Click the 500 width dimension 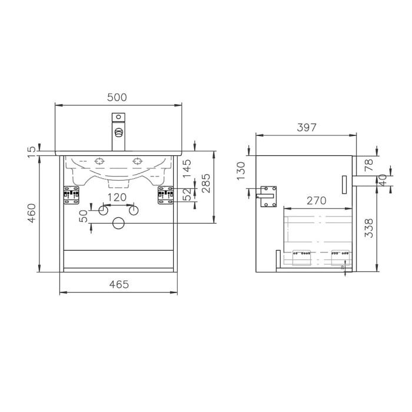[x=117, y=97]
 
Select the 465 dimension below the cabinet [x=118, y=284]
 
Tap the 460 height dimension [x=32, y=213]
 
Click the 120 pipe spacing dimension [x=117, y=197]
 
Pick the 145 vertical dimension [x=187, y=169]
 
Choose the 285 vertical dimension [x=205, y=185]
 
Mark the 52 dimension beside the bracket [x=187, y=195]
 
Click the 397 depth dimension [x=306, y=127]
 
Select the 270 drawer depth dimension [x=316, y=200]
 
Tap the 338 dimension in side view [x=368, y=228]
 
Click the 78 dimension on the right [x=368, y=165]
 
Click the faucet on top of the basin [x=118, y=132]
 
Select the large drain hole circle [x=118, y=223]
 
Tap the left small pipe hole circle [x=102, y=210]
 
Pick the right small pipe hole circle [x=133, y=210]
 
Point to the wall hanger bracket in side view [x=268, y=196]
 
